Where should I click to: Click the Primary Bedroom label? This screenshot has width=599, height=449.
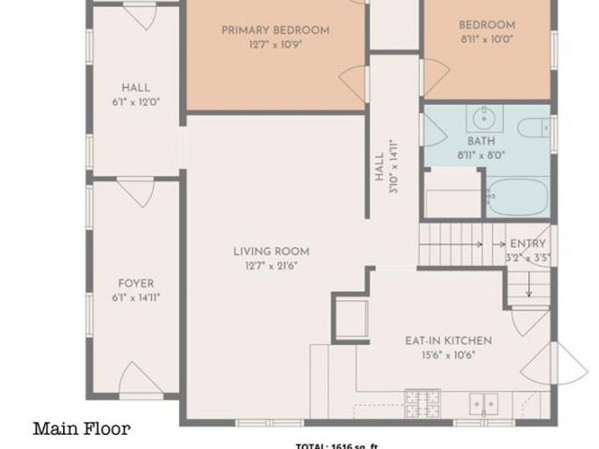275,30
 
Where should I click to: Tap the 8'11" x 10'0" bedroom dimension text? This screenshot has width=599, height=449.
487,39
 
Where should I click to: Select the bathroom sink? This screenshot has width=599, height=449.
484,120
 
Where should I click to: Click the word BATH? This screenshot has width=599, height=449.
481,141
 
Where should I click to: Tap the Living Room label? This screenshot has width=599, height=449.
271,251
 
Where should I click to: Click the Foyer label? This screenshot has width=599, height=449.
136,283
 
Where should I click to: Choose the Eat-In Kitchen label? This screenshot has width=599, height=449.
449,341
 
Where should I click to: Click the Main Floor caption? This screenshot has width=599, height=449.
82,428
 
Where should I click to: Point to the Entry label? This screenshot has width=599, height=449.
527,243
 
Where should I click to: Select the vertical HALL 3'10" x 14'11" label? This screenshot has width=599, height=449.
385,166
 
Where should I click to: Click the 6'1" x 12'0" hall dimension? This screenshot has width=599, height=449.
136,102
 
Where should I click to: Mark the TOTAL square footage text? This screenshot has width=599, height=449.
337,446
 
